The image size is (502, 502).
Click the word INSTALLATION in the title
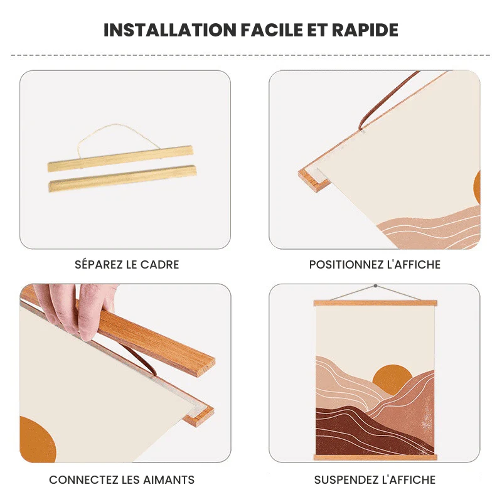click(170, 30)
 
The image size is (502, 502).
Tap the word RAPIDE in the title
click(365, 30)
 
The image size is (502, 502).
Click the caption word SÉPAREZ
click(99, 264)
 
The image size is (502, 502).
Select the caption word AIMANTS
click(168, 480)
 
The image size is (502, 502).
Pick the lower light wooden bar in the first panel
click(122, 178)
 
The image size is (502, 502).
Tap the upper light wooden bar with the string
click(120, 159)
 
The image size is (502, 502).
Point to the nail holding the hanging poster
click(375, 286)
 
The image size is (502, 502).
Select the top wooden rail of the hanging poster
click(375, 303)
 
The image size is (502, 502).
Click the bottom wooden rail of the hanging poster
click(375, 457)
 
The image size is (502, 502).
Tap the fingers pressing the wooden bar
click(77, 307)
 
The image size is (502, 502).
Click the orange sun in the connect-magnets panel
click(38, 439)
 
